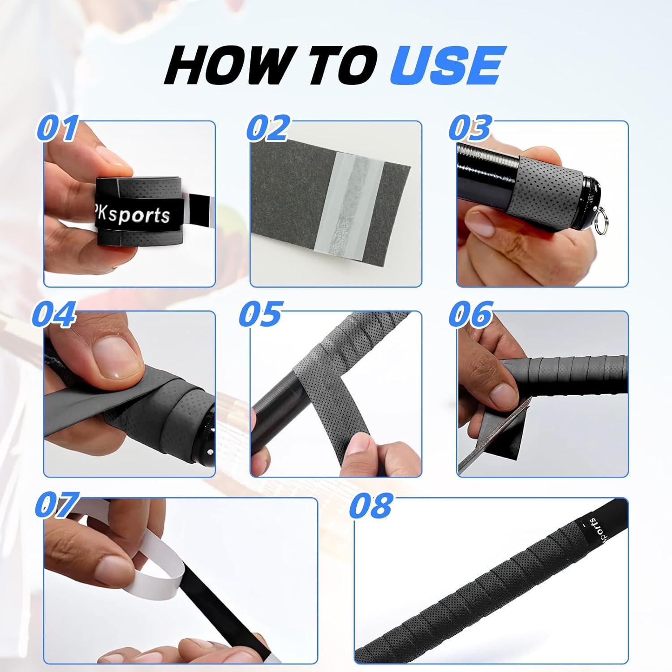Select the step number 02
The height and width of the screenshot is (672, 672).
click(x=268, y=129)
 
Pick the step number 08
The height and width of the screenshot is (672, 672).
click(x=371, y=505)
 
